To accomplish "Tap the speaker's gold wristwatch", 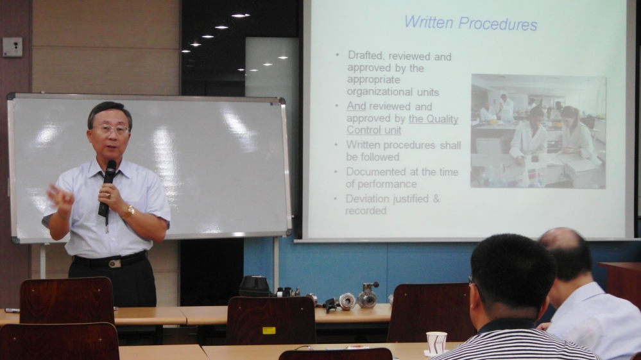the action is (x=129, y=211).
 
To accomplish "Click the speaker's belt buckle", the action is (x=114, y=264).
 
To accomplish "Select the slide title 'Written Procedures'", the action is (x=470, y=23).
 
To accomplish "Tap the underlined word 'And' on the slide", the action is (x=356, y=107).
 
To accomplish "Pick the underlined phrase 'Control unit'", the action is (x=373, y=130).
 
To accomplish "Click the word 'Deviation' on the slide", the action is (x=366, y=198).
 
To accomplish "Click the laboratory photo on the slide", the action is (x=538, y=131).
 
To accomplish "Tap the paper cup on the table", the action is (x=436, y=343).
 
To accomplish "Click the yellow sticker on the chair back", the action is (x=269, y=330).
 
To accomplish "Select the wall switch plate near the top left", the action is (x=12, y=47).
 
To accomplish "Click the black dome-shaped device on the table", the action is (x=254, y=286).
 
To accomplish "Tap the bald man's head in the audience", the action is (x=567, y=253).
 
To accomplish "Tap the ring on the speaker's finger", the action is (x=108, y=196).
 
